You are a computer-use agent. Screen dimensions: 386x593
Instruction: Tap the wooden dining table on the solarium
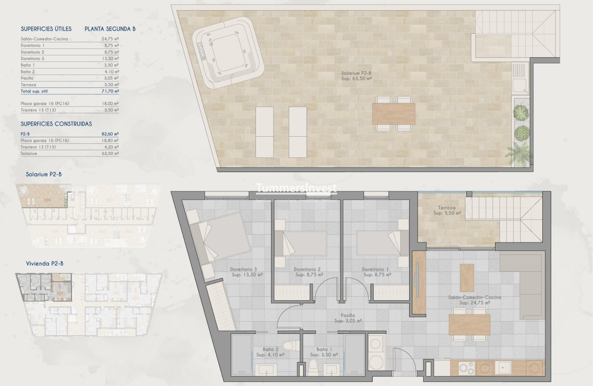click(394, 114)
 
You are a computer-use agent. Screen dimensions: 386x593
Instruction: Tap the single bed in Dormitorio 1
click(380, 243)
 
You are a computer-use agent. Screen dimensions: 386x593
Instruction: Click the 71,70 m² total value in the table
click(110, 91)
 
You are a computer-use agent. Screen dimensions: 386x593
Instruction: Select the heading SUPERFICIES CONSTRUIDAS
click(56, 124)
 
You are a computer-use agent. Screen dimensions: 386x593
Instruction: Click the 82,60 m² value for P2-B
click(110, 134)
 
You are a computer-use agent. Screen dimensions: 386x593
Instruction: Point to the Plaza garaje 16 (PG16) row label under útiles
click(45, 103)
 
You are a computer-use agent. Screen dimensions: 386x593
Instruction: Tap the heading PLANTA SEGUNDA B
click(110, 29)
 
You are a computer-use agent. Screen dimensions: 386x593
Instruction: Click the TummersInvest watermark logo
click(296, 188)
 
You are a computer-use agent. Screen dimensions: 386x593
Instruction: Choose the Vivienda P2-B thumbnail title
click(44, 263)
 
